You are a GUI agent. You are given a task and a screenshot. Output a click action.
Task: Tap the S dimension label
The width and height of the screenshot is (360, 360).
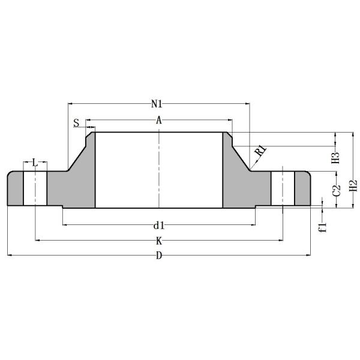77,123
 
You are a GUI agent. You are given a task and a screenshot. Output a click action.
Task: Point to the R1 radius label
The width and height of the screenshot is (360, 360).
260,151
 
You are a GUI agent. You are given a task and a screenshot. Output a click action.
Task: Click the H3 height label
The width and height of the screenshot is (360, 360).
336,158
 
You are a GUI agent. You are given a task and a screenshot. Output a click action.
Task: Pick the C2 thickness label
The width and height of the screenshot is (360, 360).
337,190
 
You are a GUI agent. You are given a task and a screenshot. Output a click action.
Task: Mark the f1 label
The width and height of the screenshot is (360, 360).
322,226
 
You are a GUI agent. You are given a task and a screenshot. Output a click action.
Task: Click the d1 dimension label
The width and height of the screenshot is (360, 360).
158,226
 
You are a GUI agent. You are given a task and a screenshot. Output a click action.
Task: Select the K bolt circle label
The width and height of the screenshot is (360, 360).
159,241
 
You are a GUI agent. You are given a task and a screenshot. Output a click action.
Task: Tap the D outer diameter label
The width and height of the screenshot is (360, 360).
159,256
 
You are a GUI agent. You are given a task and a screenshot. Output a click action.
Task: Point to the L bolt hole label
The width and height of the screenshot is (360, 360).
35,163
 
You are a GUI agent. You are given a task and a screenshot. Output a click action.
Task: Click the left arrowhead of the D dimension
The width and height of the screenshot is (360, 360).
10,256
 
